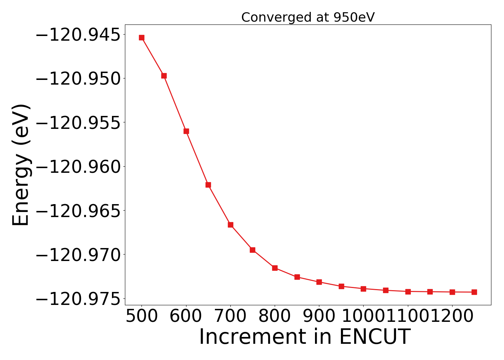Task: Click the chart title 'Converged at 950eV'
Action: tap(308, 17)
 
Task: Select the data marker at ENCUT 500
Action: tap(142, 38)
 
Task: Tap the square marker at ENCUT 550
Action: tap(164, 76)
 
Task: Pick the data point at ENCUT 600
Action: tap(186, 131)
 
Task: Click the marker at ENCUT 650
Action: tap(208, 185)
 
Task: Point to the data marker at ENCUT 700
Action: tap(230, 225)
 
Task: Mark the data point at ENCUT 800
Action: tap(275, 268)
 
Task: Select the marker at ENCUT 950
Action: tap(341, 286)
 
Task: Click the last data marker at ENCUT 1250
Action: tap(474, 292)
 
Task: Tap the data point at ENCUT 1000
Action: tap(363, 289)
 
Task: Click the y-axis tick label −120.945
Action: tap(77, 35)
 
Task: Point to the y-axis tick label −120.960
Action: tap(77, 167)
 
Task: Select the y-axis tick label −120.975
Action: tap(77, 299)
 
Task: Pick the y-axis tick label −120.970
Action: tap(77, 255)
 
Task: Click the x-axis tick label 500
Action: tap(142, 316)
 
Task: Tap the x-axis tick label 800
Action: tap(275, 316)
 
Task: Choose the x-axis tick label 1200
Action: tap(452, 316)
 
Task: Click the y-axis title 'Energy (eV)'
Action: tap(21, 165)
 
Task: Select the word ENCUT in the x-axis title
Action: tap(374, 337)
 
